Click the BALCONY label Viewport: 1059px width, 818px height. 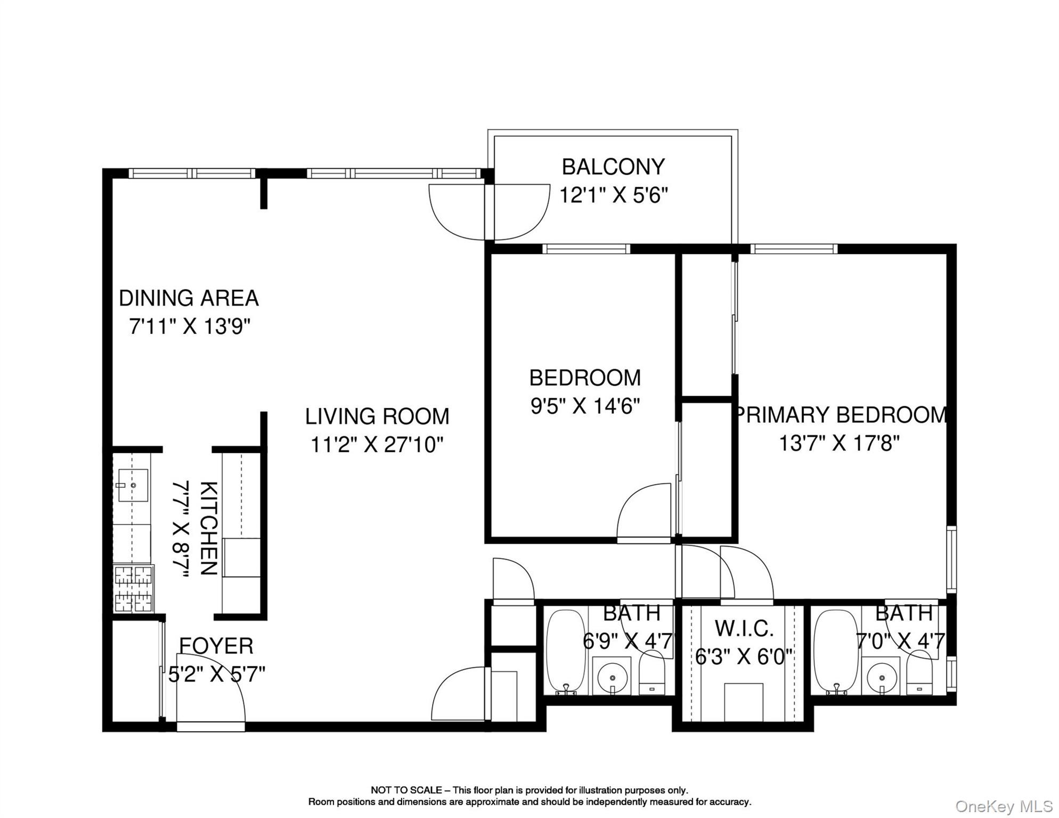click(613, 167)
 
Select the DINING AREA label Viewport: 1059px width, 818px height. click(189, 298)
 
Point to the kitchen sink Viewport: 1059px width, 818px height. click(133, 485)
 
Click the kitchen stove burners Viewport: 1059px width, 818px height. click(134, 589)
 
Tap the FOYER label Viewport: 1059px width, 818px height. click(216, 646)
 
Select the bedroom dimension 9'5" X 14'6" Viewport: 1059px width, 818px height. click(584, 406)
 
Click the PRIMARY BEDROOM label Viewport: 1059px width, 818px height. click(841, 415)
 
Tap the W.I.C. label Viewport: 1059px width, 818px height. click(744, 629)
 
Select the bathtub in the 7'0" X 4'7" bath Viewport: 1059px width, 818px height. click(835, 651)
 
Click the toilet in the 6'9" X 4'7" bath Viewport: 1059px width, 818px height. click(652, 675)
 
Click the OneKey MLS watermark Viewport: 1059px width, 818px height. click(1004, 806)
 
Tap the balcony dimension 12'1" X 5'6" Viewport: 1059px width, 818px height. click(613, 195)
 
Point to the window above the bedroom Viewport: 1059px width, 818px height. click(586, 249)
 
